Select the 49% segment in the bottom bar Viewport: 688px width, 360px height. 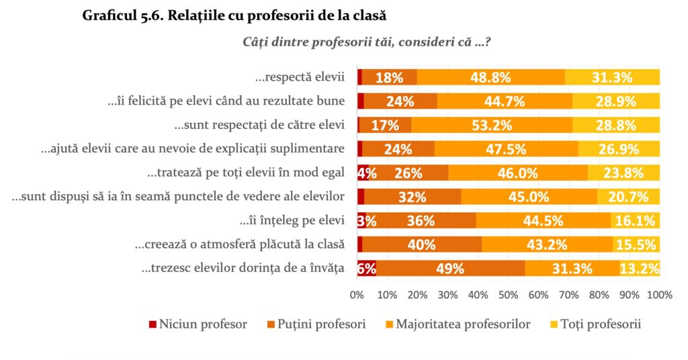coord(449,269)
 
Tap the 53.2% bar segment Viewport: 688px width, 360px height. coord(492,125)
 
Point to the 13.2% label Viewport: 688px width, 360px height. coord(638,269)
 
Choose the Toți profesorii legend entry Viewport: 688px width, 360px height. coord(596,324)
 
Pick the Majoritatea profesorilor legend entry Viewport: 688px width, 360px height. coord(457,324)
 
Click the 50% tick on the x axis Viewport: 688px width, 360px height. coord(508,294)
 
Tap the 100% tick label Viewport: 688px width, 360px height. coord(659,294)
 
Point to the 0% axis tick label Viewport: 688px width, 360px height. coord(357,294)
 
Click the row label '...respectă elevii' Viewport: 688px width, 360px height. coord(300,77)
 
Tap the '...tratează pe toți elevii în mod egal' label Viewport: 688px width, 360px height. coord(246,173)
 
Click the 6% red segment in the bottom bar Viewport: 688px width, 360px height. coord(366,269)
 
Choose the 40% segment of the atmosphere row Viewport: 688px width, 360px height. coord(422,244)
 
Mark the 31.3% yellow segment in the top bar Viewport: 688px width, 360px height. coord(612,77)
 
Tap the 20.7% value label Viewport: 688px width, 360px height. coord(628,197)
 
